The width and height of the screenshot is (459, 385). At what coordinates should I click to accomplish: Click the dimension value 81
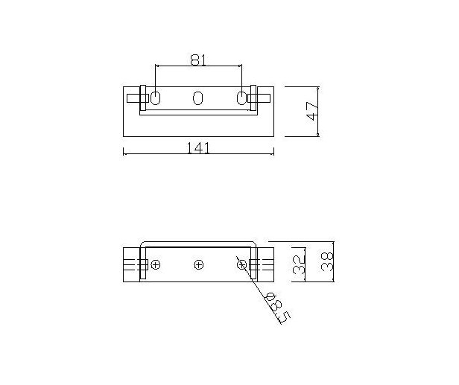[198, 60]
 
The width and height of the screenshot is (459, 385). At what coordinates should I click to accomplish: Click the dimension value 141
[198, 148]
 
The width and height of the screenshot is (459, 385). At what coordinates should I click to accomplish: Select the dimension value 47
[312, 111]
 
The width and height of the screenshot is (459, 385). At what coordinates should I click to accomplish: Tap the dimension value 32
[300, 264]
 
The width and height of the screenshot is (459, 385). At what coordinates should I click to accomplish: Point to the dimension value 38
[327, 262]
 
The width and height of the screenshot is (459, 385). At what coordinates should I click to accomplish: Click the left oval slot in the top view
[156, 98]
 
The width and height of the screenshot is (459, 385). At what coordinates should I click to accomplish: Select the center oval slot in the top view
[198, 98]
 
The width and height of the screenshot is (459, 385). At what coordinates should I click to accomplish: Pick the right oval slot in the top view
[241, 98]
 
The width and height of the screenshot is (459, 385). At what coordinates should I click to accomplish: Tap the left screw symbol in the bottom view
[156, 265]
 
